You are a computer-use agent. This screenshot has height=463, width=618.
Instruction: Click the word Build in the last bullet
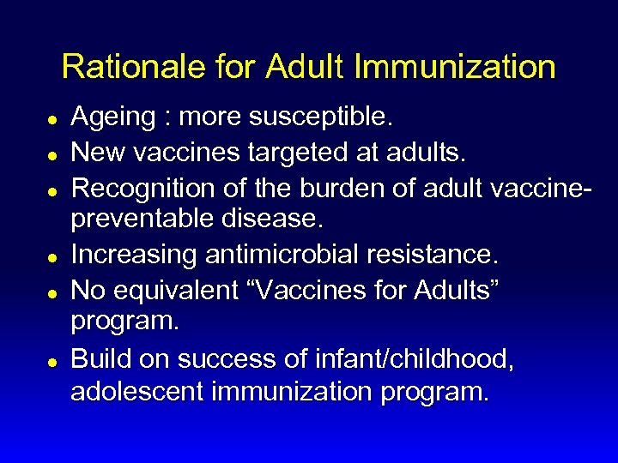pyautogui.click(x=97, y=358)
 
